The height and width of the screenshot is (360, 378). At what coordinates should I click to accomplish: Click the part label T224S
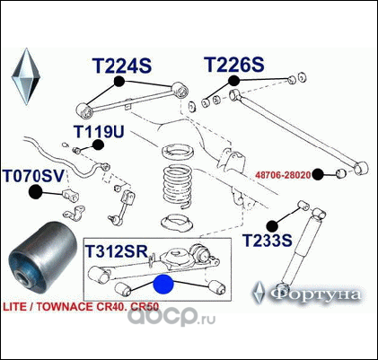[122, 66]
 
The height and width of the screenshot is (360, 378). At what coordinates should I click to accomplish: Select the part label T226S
[234, 65]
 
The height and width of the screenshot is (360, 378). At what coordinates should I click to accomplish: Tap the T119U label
[99, 132]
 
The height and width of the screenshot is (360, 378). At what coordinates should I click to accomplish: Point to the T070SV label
[33, 176]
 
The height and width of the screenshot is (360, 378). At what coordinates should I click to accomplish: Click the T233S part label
[267, 241]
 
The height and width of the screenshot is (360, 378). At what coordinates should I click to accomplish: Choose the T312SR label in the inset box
[117, 251]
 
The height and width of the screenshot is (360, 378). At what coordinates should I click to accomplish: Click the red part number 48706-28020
[283, 175]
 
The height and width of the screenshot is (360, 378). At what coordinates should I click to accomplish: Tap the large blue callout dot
[163, 285]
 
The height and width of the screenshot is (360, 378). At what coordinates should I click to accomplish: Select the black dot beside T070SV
[36, 192]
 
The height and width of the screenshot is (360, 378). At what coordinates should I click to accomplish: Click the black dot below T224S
[119, 81]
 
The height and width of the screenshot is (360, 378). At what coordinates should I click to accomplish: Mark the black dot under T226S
[233, 81]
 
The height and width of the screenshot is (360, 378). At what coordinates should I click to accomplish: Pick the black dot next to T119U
[98, 145]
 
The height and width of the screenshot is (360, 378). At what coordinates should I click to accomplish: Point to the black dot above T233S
[272, 226]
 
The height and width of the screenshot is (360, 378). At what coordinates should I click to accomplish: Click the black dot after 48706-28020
[318, 174]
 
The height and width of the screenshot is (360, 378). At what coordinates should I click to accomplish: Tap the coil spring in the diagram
[178, 186]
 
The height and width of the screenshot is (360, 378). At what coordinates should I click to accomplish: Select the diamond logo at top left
[26, 76]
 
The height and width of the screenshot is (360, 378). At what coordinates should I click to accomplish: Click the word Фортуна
[316, 294]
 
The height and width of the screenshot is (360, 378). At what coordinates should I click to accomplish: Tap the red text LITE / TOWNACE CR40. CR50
[81, 307]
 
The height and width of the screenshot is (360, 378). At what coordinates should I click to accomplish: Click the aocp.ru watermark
[171, 317]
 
